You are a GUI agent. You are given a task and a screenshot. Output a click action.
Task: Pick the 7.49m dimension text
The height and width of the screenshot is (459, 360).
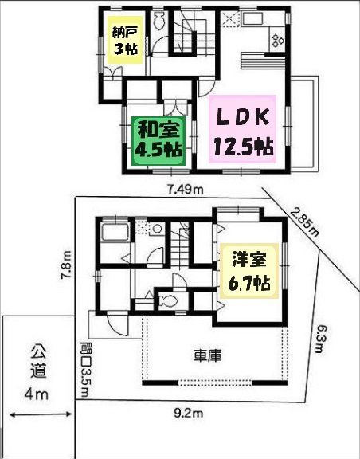click(x=186, y=189)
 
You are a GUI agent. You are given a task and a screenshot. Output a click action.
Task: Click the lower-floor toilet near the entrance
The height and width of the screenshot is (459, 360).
click(x=168, y=301)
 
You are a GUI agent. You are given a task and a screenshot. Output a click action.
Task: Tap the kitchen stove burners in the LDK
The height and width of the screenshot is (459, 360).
click(x=278, y=36)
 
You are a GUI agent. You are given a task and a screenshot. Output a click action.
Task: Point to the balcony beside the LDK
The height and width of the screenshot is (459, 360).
click(x=304, y=125)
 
